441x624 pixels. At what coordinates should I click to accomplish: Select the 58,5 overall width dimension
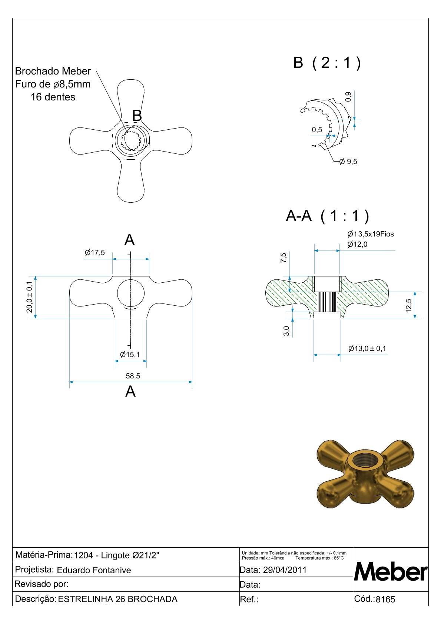(x=133, y=376)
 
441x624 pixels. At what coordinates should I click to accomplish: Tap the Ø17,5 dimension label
(x=95, y=253)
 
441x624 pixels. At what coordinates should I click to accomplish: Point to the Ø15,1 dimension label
(x=130, y=355)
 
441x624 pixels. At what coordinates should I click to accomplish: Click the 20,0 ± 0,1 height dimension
(x=29, y=297)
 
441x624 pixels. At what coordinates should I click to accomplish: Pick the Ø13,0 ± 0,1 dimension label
(x=367, y=348)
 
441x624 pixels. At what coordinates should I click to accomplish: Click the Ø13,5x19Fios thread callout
(x=371, y=234)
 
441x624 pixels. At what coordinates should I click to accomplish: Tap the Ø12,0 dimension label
(x=358, y=244)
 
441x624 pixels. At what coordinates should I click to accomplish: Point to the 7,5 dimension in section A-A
(x=283, y=258)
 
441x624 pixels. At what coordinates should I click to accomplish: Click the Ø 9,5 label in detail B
(x=348, y=162)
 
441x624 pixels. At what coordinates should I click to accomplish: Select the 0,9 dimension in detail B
(x=348, y=97)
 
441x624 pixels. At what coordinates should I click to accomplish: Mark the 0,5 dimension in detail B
(x=317, y=130)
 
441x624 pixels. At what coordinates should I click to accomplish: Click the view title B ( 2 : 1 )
(x=327, y=63)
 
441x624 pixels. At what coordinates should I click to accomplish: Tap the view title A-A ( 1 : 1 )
(x=328, y=216)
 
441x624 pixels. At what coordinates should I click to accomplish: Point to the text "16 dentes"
(x=53, y=97)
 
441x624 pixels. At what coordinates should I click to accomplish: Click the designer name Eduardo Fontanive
(x=94, y=570)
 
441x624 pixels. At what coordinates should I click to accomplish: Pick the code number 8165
(x=385, y=599)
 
